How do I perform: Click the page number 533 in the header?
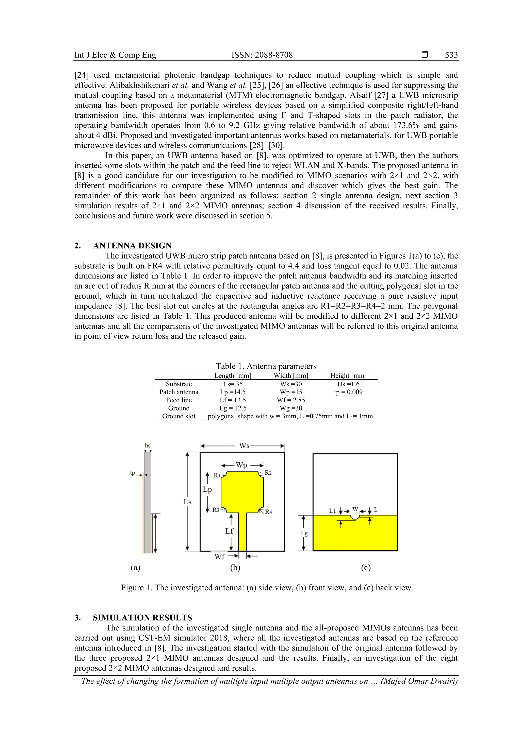(451, 55)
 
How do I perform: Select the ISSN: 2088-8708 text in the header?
(262, 55)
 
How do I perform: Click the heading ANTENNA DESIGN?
(132, 246)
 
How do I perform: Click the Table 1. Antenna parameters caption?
(266, 366)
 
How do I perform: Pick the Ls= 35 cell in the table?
(233, 384)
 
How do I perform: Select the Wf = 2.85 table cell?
(291, 400)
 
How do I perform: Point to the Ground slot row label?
(179, 416)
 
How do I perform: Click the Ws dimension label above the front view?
(244, 446)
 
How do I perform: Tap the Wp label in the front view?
(241, 465)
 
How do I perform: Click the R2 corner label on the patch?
(268, 473)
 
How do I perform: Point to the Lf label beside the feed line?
(229, 531)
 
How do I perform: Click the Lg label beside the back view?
(304, 533)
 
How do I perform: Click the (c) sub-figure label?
(366, 568)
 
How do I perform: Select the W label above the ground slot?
(355, 509)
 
